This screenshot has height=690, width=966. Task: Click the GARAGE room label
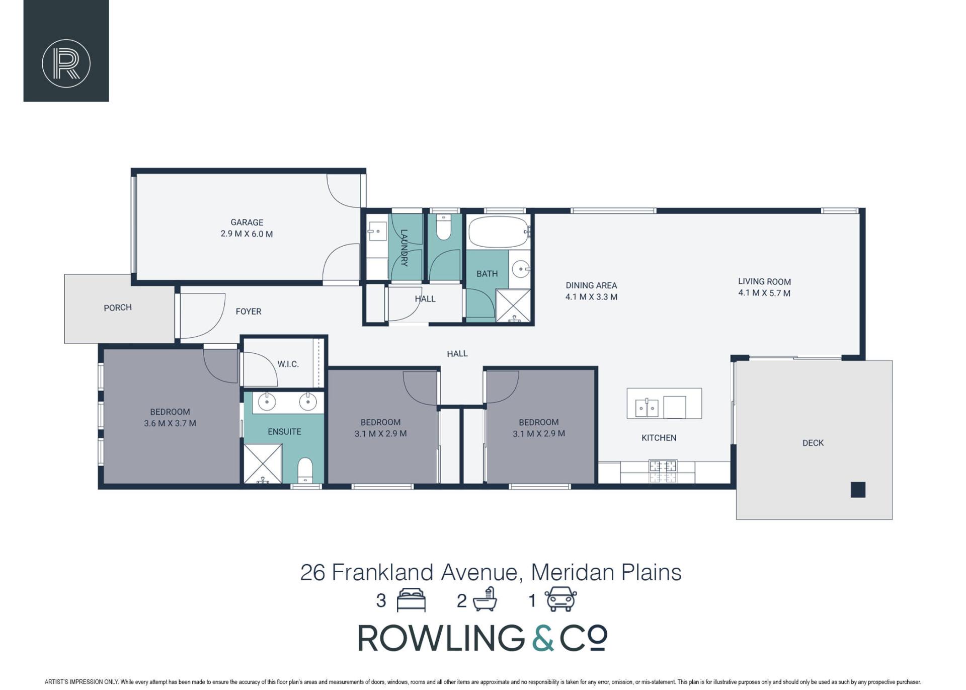click(247, 222)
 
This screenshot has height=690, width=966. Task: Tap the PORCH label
click(118, 308)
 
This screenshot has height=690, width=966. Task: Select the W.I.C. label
click(288, 364)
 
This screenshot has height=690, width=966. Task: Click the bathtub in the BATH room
click(499, 232)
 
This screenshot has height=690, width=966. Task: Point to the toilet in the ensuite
click(305, 470)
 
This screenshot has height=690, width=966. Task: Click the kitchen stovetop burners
click(663, 472)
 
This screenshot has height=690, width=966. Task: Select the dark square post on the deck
click(858, 490)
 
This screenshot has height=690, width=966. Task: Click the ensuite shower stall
click(263, 464)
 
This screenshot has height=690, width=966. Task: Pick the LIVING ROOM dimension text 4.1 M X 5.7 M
click(764, 293)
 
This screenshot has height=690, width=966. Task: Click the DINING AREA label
click(591, 285)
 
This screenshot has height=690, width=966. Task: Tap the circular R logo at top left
click(66, 63)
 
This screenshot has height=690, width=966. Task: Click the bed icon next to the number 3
click(411, 600)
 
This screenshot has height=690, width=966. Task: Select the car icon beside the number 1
click(561, 599)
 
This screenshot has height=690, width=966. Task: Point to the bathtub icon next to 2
click(484, 600)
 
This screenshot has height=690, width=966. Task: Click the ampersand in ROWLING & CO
click(543, 638)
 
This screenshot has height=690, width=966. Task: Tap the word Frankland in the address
click(382, 572)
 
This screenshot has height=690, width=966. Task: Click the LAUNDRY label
click(404, 248)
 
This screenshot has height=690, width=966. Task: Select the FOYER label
click(249, 312)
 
